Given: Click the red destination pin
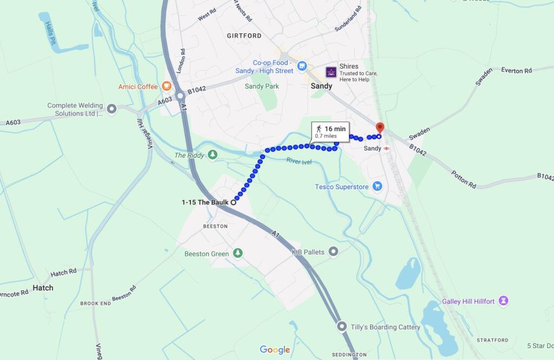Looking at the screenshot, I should coord(380,128).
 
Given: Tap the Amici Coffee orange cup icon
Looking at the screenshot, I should coord(166,86).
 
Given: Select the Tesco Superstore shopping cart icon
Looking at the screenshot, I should coord(378,187).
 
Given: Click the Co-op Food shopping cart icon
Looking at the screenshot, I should coord(302,67).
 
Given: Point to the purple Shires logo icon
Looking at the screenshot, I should coord(331,72).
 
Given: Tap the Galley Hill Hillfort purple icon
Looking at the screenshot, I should coord(504,301).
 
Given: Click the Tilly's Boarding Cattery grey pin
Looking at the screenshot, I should coord(341,327).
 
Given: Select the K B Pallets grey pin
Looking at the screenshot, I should coord(333,251).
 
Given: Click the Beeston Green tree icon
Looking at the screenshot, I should coord(238,254).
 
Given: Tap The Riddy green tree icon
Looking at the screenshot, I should coord(213,155).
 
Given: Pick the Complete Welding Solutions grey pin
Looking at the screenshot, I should coord(112,109).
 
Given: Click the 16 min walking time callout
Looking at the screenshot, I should coord(330,131).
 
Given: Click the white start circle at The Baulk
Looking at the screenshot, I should coord(234,202).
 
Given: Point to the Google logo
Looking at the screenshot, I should coord(275,350).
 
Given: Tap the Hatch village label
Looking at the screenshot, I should coord(43,288).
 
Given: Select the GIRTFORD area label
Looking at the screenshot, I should coord(245,36).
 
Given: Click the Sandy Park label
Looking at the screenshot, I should coord(262,86).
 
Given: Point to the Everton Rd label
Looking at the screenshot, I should coord(516,70).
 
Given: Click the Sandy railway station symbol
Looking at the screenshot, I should coord(387,148).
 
